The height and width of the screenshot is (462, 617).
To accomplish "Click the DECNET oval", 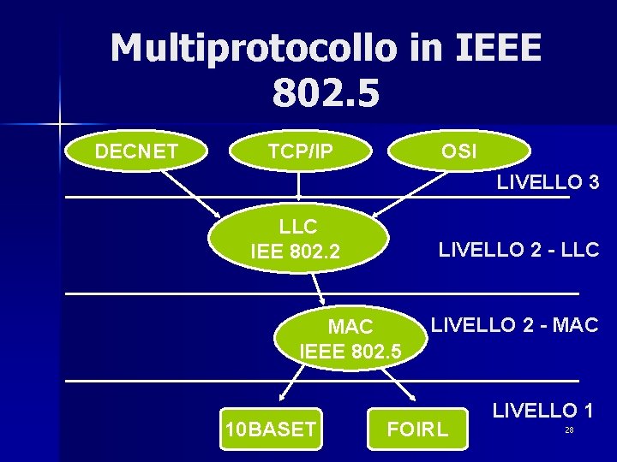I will coord(137,152).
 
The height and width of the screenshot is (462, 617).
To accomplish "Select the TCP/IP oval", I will coord(300,152).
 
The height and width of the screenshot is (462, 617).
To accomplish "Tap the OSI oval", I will coord(459,152).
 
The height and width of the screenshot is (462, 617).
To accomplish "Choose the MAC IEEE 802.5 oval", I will coord(350,339).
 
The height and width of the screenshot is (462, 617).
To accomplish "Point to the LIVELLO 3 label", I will coord(547,182).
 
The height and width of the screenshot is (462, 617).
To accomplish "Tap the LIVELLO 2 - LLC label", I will coord(518,250).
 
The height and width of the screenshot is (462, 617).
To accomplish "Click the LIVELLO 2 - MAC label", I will coord(514,324).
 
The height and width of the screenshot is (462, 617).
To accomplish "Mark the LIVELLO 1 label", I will coord(542,410).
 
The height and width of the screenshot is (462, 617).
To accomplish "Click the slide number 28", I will coord(568,429).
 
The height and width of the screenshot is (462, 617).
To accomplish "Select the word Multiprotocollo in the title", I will coord(253,48).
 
